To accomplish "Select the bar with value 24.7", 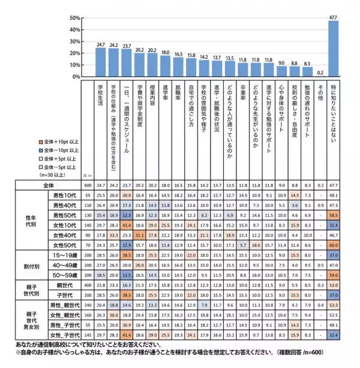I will (101, 62).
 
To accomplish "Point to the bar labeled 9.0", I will (281, 71).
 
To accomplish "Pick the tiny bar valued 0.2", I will (320, 77).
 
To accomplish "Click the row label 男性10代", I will (64, 196).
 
